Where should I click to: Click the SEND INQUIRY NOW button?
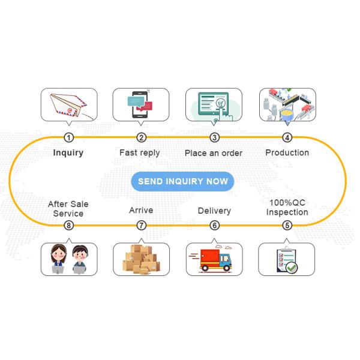tap(182, 181)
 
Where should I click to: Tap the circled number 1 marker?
tap(68, 137)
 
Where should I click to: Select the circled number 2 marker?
tap(142, 137)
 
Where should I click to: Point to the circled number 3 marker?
tap(214, 137)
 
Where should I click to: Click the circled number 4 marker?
tap(287, 137)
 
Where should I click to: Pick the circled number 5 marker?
tap(287, 226)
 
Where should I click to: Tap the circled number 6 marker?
tap(214, 226)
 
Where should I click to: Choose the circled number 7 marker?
tap(142, 226)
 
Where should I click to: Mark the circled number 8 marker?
tap(68, 226)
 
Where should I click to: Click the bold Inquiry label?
tap(68, 152)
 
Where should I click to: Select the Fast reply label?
tap(140, 152)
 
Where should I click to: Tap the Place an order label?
tap(214, 153)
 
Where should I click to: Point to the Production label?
tap(287, 152)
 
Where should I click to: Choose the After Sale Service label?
tap(68, 209)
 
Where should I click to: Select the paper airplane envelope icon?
tap(68, 106)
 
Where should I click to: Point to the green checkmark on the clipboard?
tap(291, 268)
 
